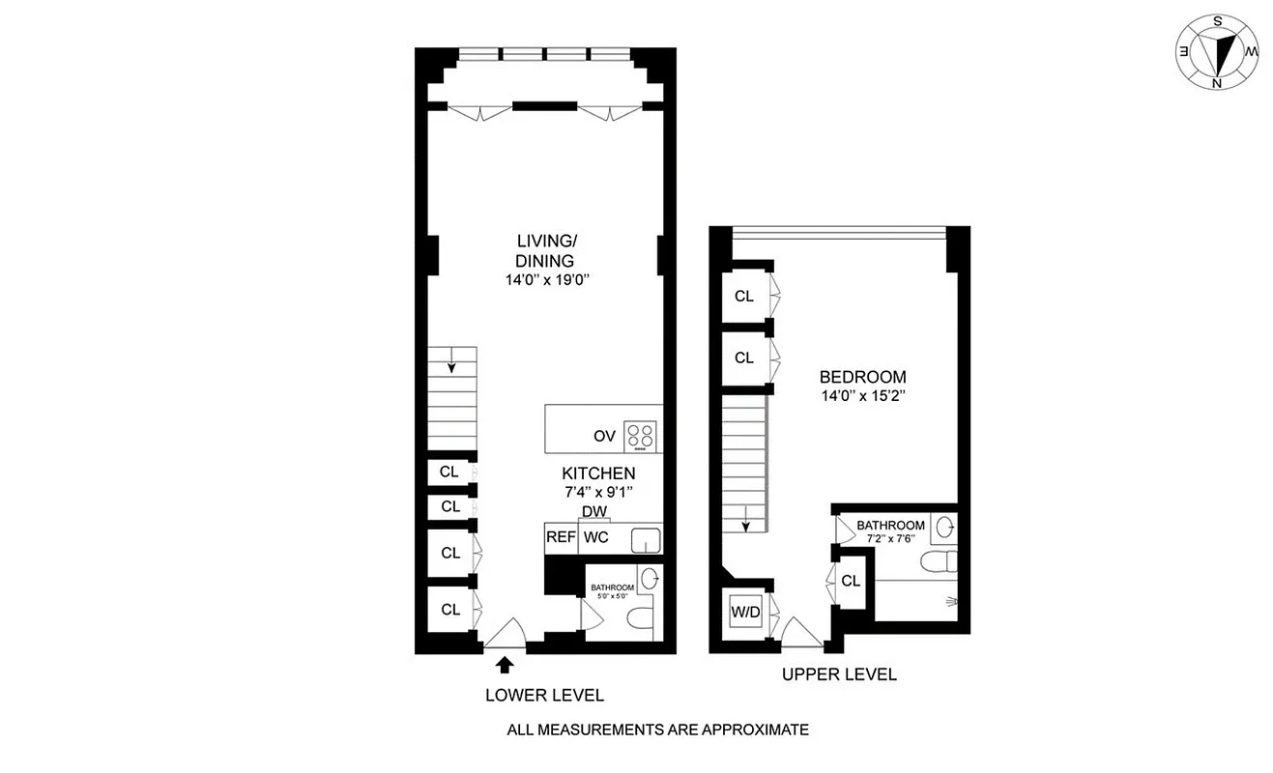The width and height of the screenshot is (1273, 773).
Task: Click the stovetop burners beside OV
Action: tap(639, 435)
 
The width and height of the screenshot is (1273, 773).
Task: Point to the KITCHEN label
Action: tap(598, 473)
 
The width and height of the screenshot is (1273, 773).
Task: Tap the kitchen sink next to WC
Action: tap(646, 540)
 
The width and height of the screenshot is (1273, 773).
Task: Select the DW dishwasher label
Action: tap(593, 512)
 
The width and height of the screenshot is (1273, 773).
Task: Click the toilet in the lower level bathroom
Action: tap(640, 618)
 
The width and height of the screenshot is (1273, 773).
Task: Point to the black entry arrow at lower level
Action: tap(503, 665)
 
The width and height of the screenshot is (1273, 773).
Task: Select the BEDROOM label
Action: tap(862, 377)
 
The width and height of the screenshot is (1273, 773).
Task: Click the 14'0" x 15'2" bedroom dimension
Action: tap(862, 395)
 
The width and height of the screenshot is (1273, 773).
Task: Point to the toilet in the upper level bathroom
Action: tap(938, 561)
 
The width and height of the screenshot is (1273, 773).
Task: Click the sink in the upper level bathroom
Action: tap(945, 527)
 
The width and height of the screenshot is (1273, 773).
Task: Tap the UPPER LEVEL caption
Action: tap(839, 674)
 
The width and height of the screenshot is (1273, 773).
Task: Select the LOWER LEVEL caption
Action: tap(544, 695)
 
